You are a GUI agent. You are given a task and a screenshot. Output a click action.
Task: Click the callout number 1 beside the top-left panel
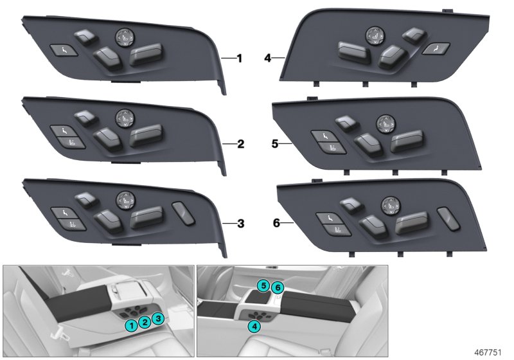239,59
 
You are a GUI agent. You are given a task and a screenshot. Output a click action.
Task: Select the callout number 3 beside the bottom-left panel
240,224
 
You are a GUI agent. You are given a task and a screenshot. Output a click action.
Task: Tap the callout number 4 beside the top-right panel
267,59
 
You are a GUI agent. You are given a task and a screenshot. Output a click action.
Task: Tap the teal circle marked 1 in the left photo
131,325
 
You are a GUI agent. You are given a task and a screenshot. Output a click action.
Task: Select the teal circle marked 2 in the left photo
145,322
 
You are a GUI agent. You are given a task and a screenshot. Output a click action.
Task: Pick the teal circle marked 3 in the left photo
159,318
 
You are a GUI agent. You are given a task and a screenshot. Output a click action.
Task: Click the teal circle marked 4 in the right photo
254,327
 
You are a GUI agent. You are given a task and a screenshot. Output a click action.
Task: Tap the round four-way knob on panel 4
373,37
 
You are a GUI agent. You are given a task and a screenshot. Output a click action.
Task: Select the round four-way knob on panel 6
389,206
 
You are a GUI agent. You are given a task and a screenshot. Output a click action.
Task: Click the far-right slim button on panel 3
183,213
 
